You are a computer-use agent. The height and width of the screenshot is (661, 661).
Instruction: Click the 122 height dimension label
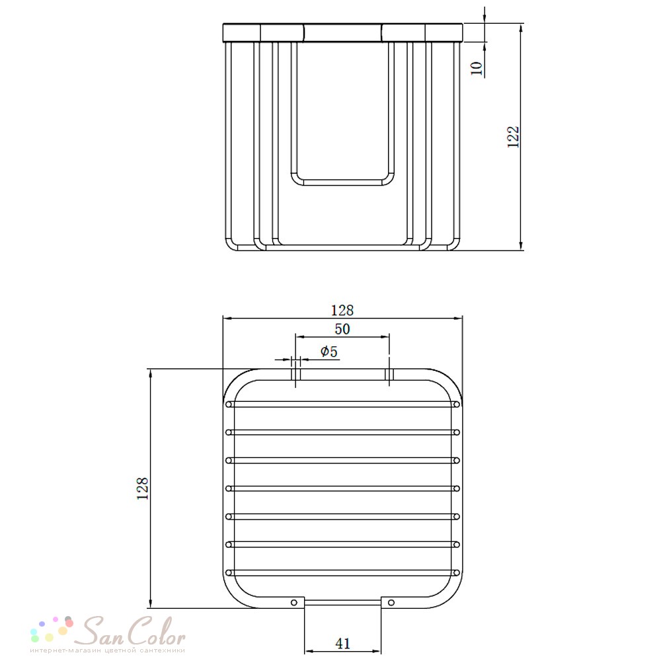(x=513, y=137)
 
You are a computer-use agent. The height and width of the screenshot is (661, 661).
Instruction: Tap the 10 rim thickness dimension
(x=476, y=68)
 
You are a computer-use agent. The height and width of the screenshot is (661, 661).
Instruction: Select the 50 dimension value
(x=342, y=329)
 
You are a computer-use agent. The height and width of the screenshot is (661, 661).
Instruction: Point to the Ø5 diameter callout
(x=329, y=351)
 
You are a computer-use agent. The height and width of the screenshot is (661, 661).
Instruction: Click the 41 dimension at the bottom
(x=342, y=643)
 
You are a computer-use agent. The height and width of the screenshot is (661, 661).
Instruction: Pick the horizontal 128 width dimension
(x=342, y=310)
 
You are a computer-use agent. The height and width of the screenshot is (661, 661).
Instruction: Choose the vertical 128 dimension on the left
(x=143, y=488)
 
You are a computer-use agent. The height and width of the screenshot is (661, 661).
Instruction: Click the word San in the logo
(x=102, y=631)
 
